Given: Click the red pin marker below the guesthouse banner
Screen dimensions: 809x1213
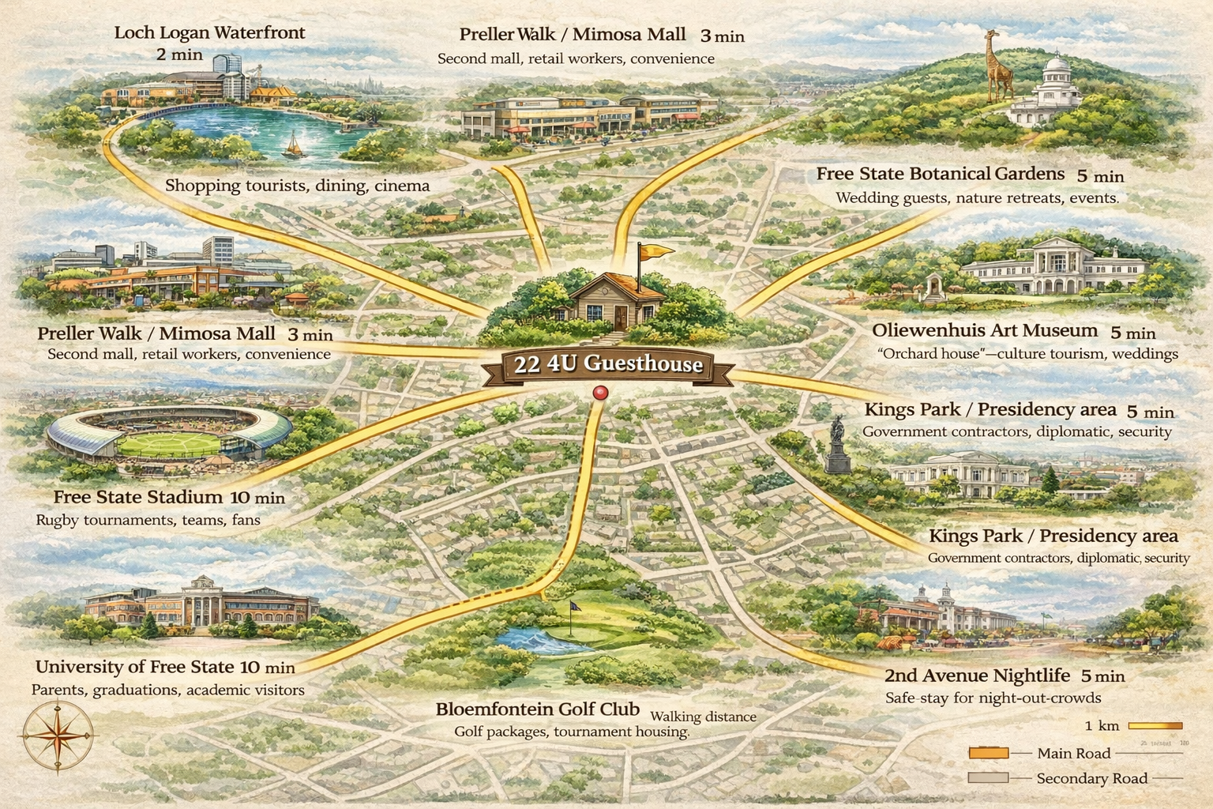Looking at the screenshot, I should (600, 393).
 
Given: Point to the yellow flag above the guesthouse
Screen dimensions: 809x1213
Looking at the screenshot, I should (655, 252).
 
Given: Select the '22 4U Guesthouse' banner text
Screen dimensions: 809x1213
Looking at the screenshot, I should (607, 364).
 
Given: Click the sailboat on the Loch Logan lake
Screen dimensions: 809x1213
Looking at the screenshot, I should (293, 145).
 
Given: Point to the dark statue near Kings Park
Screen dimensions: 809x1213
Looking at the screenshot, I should (836, 446).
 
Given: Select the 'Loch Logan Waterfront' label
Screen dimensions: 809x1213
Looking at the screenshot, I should (209, 33).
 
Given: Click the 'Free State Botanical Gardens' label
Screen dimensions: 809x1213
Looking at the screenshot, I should (940, 174).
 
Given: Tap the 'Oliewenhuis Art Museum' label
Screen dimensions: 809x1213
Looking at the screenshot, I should (984, 330).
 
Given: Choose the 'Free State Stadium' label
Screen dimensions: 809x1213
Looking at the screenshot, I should (138, 497).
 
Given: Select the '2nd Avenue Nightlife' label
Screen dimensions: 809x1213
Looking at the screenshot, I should (976, 675).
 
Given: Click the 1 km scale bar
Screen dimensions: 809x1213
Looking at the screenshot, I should (1155, 726).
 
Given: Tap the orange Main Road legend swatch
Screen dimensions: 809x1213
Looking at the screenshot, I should (988, 753).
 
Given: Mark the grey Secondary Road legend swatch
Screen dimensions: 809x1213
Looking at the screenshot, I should (988, 778).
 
